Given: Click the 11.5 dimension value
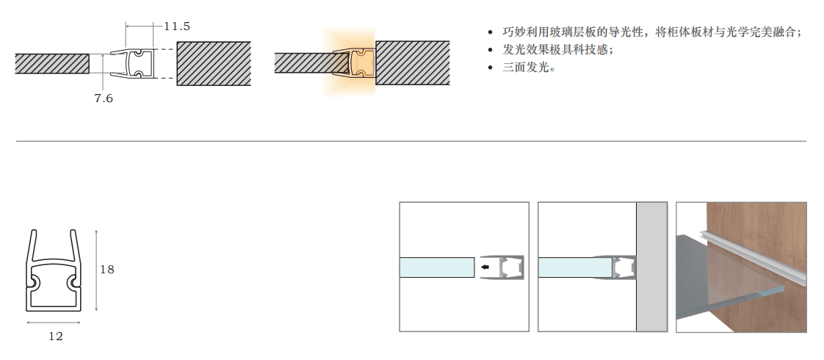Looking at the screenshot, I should pos(176,26).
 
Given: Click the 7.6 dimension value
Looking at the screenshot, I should pos(104,98).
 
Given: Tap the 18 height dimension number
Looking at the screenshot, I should pos(107,270).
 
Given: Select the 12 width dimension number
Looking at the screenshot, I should pos(56,336).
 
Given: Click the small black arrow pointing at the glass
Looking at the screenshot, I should pos(485,267).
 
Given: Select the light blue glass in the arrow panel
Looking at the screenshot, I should pos(436,267).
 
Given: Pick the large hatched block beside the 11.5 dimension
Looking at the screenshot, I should pos(213,63).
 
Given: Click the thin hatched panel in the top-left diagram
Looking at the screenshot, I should pos(51,63).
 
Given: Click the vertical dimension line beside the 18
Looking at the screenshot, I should pos(96,270).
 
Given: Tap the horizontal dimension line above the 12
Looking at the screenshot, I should pos(54,322).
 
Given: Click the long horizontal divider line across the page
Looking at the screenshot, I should pos(411,141).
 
